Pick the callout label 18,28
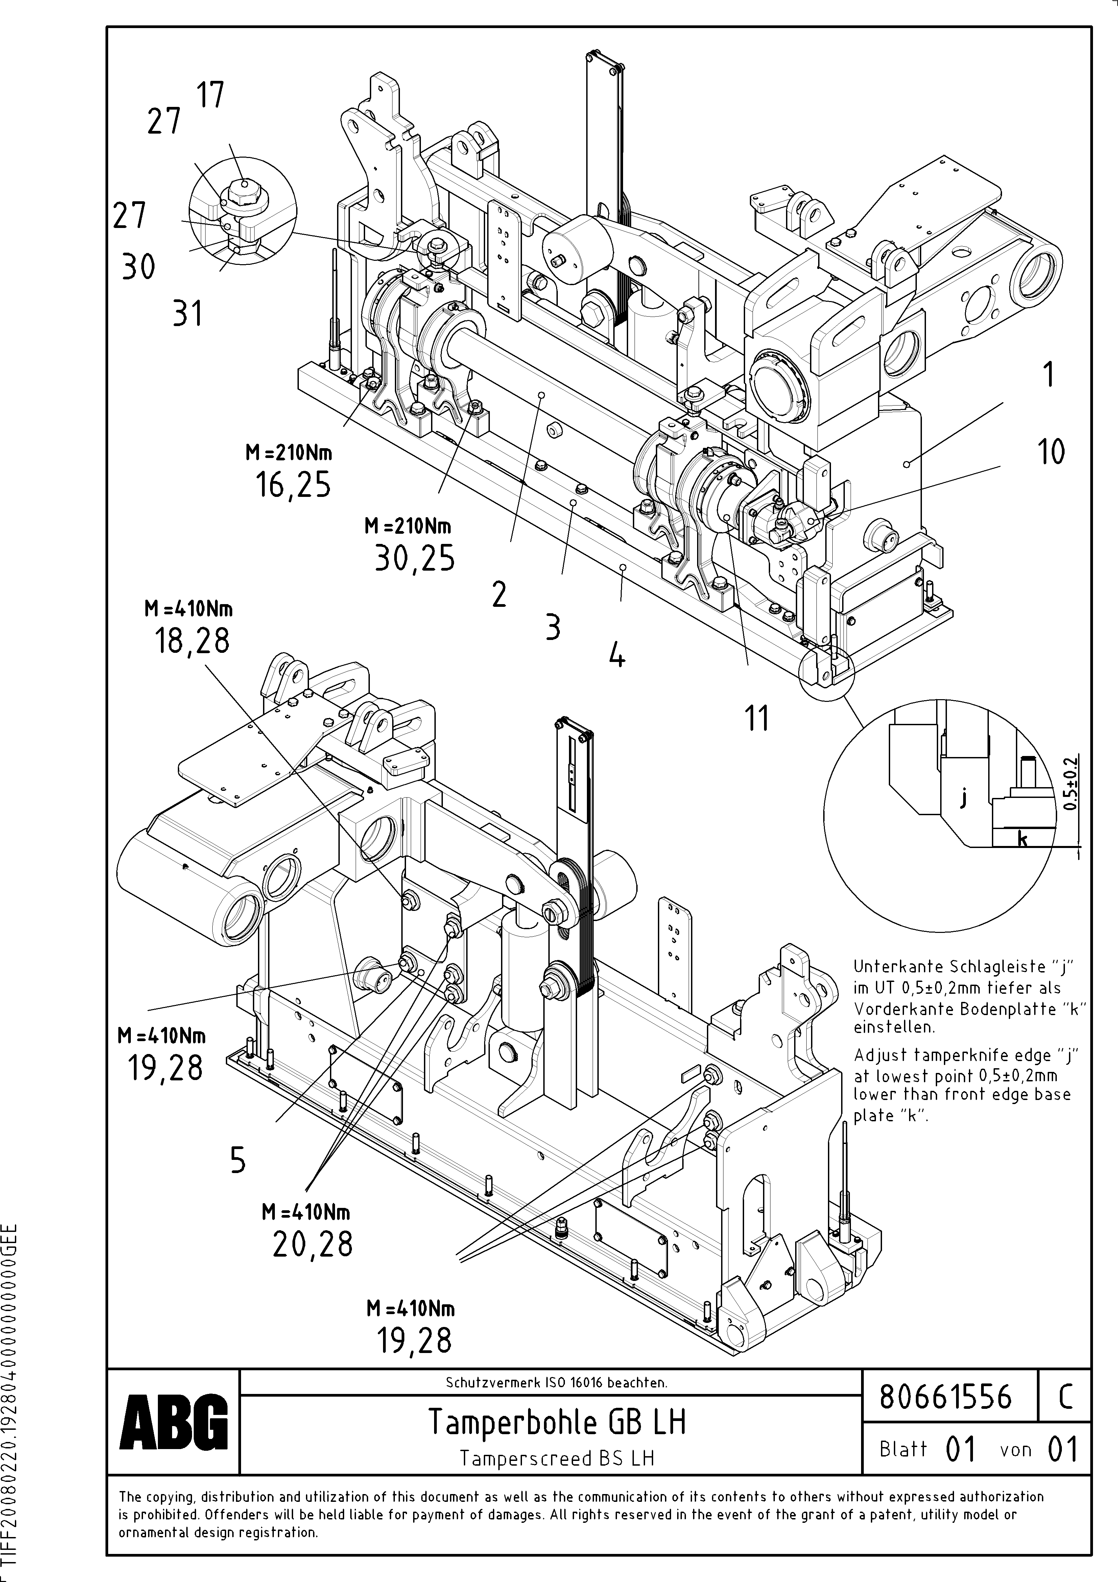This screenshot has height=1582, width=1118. pyautogui.click(x=191, y=641)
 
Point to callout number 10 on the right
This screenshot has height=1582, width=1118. pyautogui.click(x=1050, y=452)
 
